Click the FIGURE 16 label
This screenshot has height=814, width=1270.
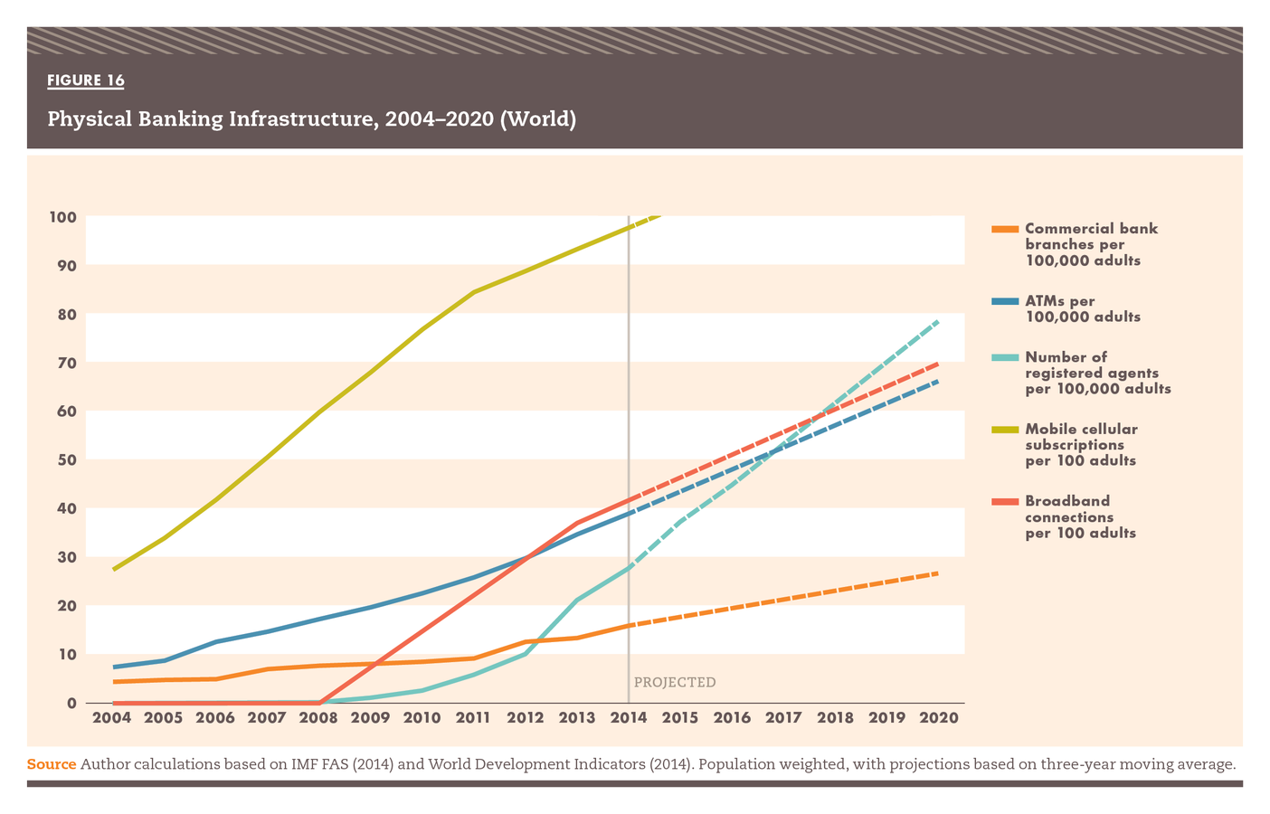(86, 80)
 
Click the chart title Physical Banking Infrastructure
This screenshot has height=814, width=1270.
(311, 118)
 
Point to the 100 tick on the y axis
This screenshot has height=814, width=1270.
(62, 217)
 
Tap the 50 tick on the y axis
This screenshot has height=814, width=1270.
(66, 459)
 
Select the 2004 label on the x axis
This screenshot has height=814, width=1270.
(112, 718)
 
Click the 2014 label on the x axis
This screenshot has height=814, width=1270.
(629, 718)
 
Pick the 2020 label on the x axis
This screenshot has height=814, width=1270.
(938, 718)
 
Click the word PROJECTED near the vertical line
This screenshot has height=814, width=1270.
(675, 682)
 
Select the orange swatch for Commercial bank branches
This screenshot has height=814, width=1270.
(1004, 229)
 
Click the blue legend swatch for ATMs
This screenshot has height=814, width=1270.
(1004, 301)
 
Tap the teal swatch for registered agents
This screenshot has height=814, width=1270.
(1004, 357)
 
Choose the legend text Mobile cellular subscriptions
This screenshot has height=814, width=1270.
(1081, 444)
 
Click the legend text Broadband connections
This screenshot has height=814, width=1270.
(1080, 516)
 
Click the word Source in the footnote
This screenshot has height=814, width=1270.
(52, 764)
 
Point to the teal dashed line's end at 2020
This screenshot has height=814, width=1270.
(938, 321)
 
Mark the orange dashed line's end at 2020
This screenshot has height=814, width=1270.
(938, 573)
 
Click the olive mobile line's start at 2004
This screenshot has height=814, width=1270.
(113, 569)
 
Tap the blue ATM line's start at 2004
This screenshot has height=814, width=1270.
(113, 667)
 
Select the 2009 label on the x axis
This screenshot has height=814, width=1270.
(370, 718)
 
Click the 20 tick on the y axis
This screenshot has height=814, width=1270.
(66, 606)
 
